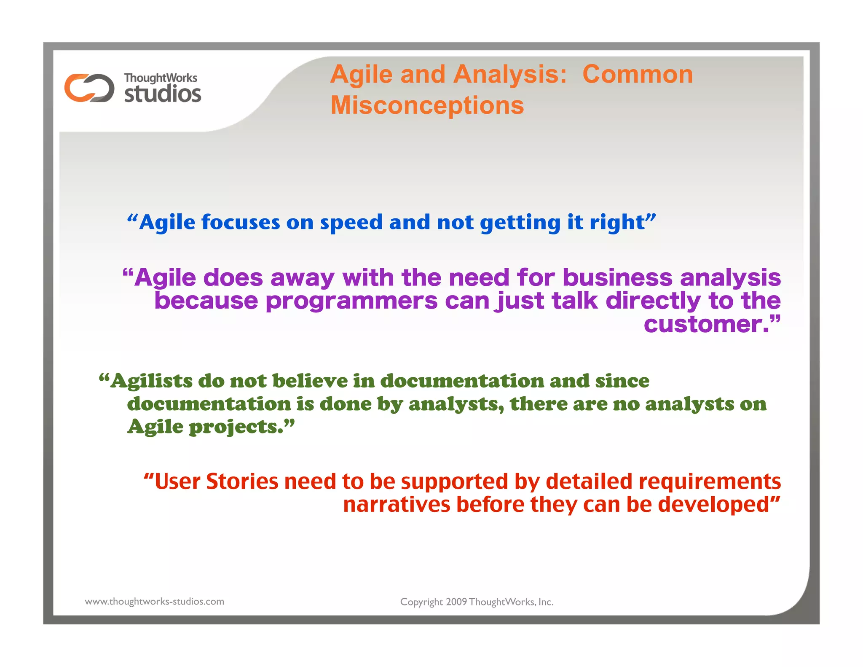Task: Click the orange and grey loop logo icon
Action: pyautogui.click(x=89, y=88)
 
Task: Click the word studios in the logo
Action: pyautogui.click(x=163, y=94)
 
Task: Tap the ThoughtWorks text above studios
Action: pyautogui.click(x=161, y=78)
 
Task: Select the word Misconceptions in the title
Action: pyautogui.click(x=427, y=105)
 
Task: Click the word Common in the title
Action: pyautogui.click(x=638, y=75)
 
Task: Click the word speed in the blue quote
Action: pyautogui.click(x=351, y=222)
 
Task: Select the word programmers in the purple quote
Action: pyautogui.click(x=352, y=301)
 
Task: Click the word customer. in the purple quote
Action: pyautogui.click(x=709, y=324)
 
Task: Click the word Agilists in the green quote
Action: pyautogui.click(x=151, y=381)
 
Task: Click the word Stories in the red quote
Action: pyautogui.click(x=242, y=481)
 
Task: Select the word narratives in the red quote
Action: pyautogui.click(x=397, y=505)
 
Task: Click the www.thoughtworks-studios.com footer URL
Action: pyautogui.click(x=154, y=601)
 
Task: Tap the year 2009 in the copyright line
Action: pyautogui.click(x=456, y=602)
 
